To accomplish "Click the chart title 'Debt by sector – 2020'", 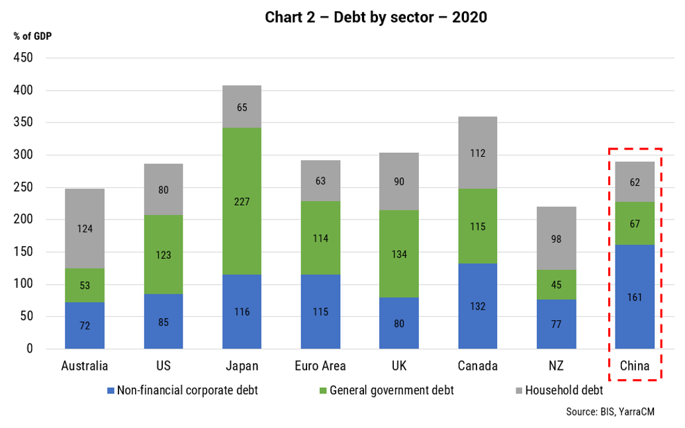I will click(x=376, y=17).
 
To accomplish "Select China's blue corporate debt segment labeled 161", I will click(x=635, y=296).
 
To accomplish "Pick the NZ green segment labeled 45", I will click(x=556, y=284).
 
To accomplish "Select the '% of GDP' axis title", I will click(x=32, y=36).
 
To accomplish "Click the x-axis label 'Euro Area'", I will click(x=320, y=366).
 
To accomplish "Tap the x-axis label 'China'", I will click(x=635, y=366).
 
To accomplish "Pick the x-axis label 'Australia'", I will click(x=85, y=366).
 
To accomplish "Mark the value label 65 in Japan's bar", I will click(x=242, y=106).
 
